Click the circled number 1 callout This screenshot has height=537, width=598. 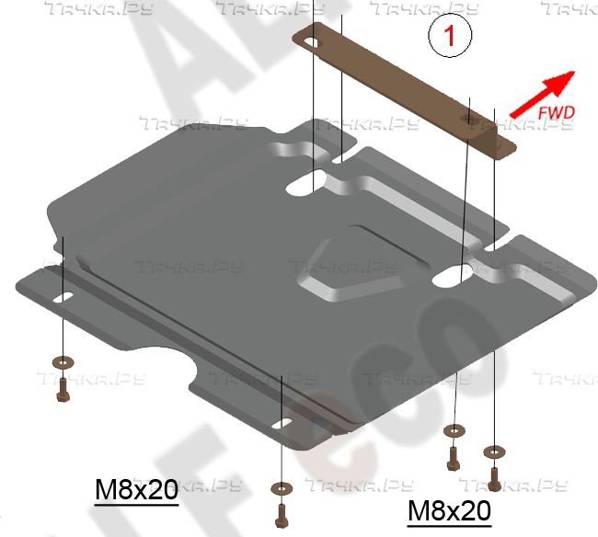pyautogui.click(x=449, y=38)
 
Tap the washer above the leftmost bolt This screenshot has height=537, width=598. pyautogui.click(x=62, y=361)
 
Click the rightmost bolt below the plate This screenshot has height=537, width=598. pyautogui.click(x=494, y=477)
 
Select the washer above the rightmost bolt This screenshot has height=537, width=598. pyautogui.click(x=494, y=451)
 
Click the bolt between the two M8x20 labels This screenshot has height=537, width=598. pyautogui.click(x=280, y=510)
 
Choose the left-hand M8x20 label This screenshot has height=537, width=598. pyautogui.click(x=136, y=490)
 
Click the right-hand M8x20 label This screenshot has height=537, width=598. pyautogui.click(x=449, y=508)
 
